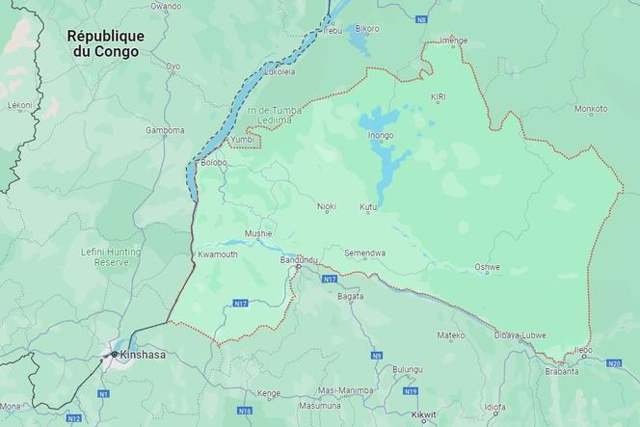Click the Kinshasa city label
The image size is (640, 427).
click(142, 355)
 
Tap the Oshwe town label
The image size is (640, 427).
click(488, 266)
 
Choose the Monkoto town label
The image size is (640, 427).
click(590, 109)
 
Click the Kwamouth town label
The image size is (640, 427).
click(217, 254)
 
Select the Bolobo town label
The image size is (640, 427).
click(214, 163)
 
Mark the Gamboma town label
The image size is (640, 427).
click(165, 130)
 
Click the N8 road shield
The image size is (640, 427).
click(420, 19)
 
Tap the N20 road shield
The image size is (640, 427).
click(614, 363)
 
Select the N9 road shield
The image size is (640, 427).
click(377, 357)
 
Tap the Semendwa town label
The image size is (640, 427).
click(365, 253)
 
